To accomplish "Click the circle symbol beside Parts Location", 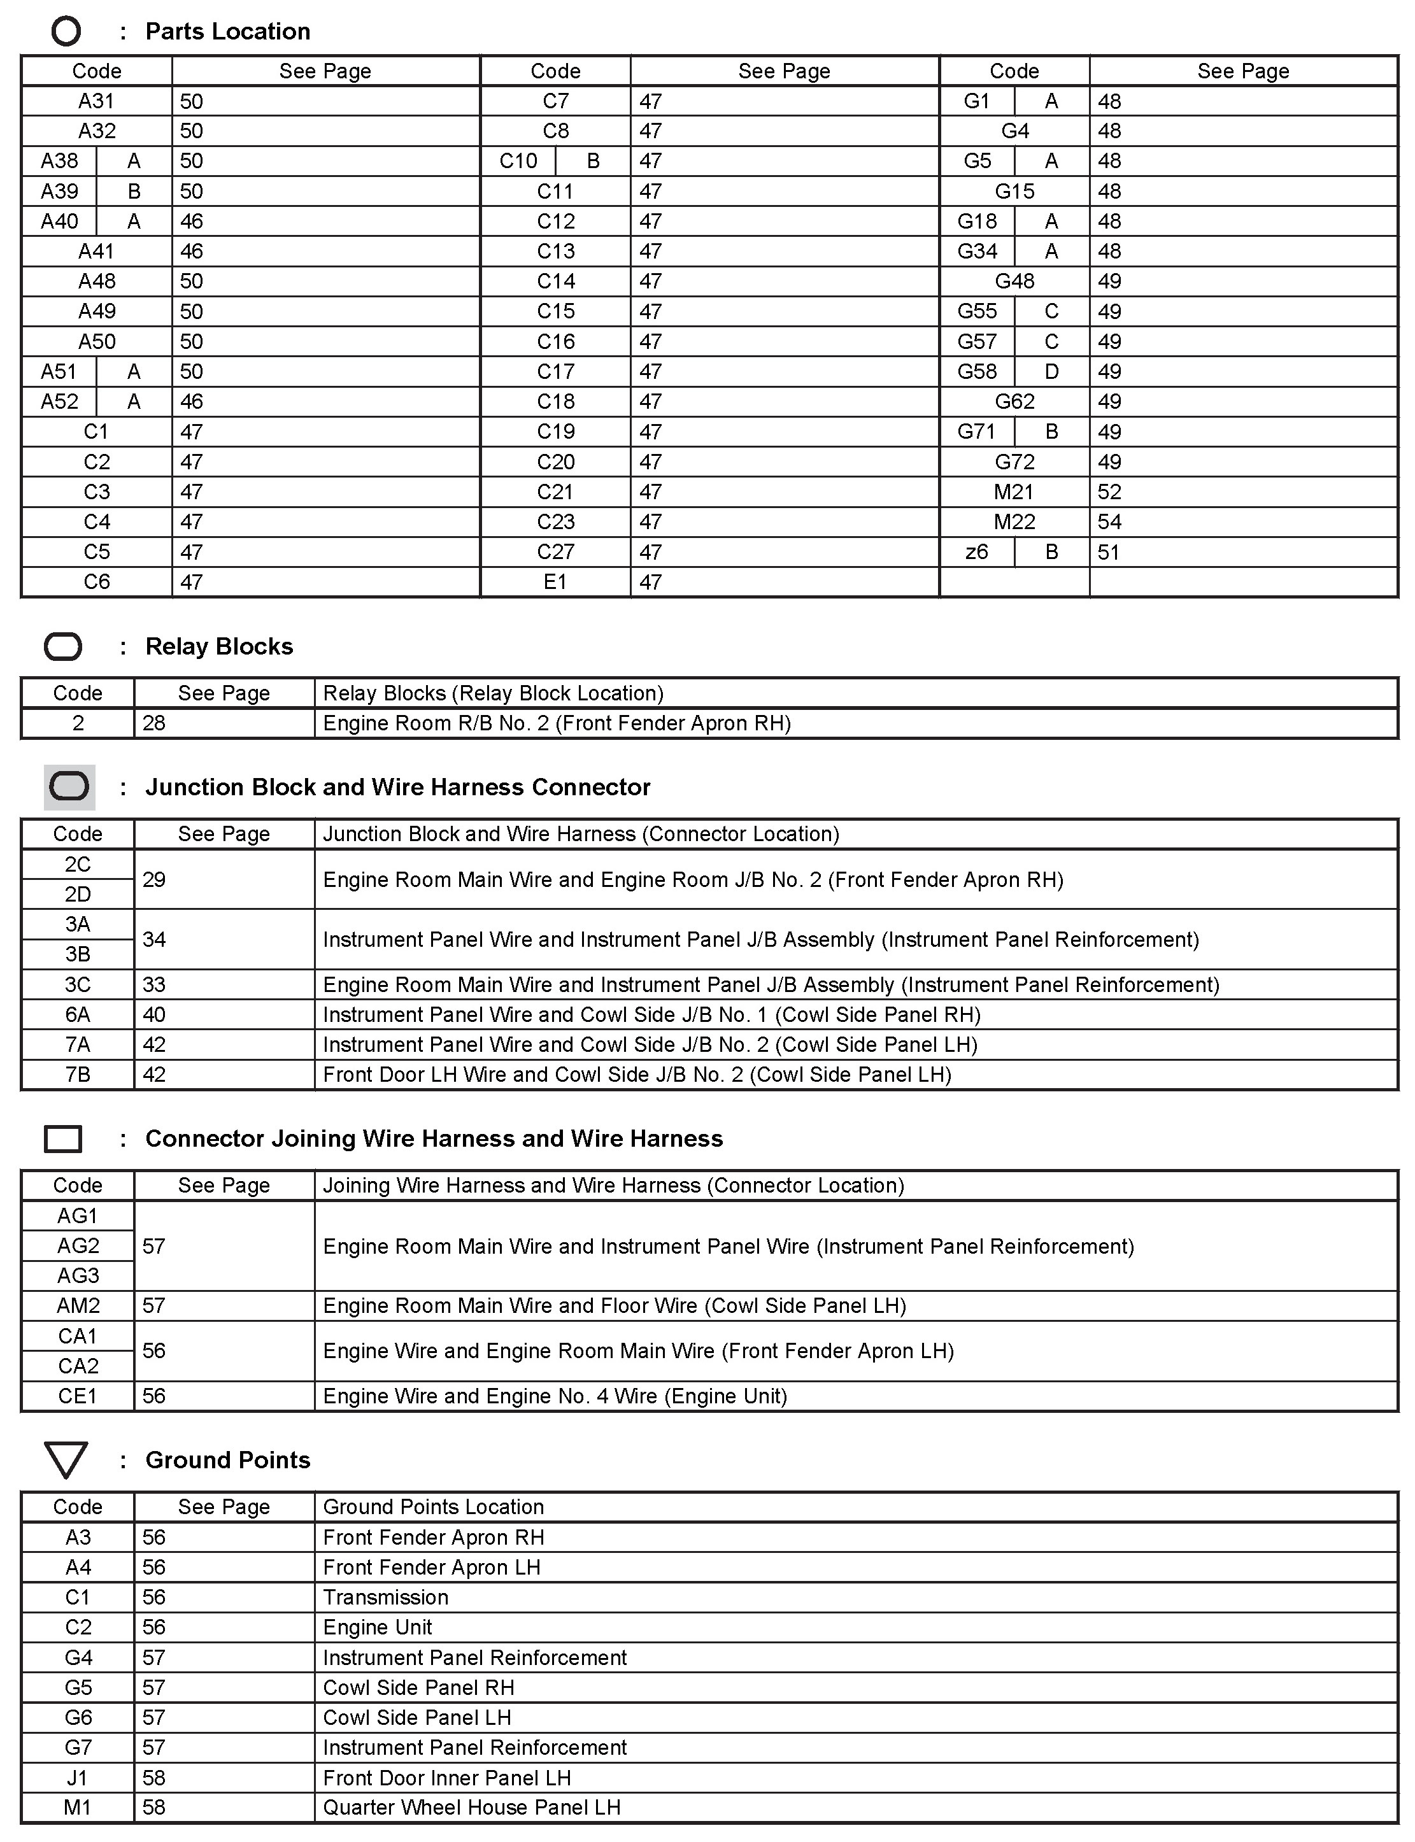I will coord(66,32).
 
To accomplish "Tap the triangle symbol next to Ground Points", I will coord(66,1459).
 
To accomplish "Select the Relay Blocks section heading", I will coord(219,646).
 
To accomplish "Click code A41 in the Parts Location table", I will coord(97,251).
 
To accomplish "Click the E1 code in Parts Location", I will coord(555,582).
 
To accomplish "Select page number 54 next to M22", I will coord(1109,522).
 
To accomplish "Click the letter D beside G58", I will coord(1051,371).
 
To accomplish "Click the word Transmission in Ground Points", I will coord(386,1597).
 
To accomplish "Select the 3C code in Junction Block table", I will coord(78,984).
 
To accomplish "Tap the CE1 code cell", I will coord(78,1396).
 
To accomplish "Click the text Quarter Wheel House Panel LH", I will coord(472,1808).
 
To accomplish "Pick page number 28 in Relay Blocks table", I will coord(154,723).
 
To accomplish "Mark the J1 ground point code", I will coord(78,1777).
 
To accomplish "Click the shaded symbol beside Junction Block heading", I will coord(69,787).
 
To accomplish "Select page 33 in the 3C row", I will coord(154,984).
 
